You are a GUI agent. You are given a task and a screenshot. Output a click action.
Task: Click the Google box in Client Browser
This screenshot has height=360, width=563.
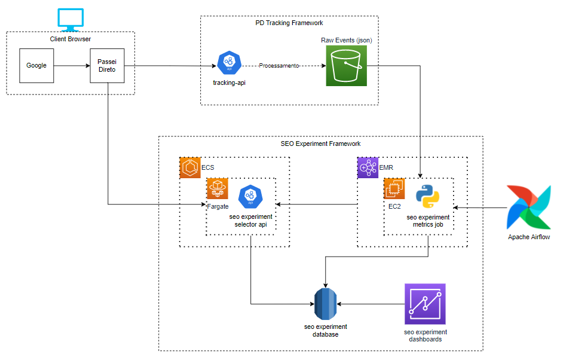click(36, 65)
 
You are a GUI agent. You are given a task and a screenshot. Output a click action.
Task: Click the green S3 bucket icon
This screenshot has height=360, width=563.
click(347, 66)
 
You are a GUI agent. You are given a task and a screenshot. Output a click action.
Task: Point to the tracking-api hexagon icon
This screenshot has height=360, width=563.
click(229, 63)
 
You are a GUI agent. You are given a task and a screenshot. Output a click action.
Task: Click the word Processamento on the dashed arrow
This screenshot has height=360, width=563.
click(279, 66)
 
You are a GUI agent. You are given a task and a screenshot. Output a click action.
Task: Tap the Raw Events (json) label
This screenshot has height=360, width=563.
click(346, 39)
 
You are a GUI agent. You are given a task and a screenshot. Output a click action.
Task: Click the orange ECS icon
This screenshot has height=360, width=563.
click(190, 168)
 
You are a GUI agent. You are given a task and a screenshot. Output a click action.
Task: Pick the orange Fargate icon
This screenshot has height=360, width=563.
click(217, 188)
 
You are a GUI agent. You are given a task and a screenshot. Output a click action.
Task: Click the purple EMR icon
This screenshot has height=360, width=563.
click(368, 168)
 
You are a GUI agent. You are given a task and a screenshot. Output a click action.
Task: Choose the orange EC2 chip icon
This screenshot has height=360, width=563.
click(394, 188)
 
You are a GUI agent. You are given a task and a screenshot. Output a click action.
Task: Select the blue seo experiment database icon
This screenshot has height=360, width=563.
click(326, 304)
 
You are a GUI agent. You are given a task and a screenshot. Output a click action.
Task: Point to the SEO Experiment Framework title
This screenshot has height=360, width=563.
click(320, 144)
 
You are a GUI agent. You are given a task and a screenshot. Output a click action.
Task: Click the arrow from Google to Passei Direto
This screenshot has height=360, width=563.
click(71, 65)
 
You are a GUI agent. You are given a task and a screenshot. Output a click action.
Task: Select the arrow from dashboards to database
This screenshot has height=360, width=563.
click(371, 304)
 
